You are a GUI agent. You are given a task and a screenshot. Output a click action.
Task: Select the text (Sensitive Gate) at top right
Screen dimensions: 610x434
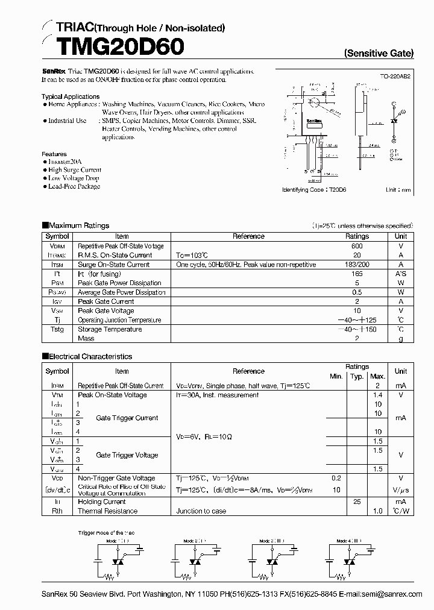[379, 53]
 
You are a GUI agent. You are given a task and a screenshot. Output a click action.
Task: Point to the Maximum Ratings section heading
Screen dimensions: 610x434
[79, 225]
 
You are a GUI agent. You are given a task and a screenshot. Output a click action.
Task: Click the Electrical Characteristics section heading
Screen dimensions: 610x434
[90, 356]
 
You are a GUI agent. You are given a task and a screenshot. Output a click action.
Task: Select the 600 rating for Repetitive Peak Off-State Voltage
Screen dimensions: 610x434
[357, 246]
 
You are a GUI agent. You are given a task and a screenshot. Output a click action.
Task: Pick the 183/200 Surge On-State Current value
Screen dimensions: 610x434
[357, 265]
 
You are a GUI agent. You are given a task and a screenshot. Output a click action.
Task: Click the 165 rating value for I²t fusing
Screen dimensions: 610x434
[357, 274]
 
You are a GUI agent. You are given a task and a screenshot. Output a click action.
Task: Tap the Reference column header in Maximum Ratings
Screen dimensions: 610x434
[248, 237]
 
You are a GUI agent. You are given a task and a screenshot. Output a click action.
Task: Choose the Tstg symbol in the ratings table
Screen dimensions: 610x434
[57, 329]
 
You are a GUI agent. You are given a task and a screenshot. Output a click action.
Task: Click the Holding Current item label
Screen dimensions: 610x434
[101, 502]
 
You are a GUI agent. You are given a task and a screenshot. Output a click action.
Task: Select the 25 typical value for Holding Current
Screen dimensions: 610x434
[356, 502]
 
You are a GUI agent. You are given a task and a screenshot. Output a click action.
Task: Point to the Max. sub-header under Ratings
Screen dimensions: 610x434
[378, 376]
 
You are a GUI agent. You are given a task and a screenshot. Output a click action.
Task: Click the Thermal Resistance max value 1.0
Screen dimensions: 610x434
[378, 511]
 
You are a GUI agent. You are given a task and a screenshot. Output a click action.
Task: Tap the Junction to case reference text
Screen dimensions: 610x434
[201, 511]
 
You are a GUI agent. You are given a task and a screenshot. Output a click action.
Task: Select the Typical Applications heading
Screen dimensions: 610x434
[71, 96]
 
